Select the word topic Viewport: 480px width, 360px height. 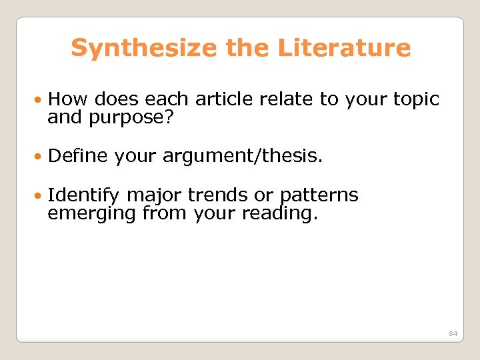414,99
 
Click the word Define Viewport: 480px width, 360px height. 78,156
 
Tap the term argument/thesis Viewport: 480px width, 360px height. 219,156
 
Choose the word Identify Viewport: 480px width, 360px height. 83,195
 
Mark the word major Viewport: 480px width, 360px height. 154,195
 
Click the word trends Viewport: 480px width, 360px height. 217,195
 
